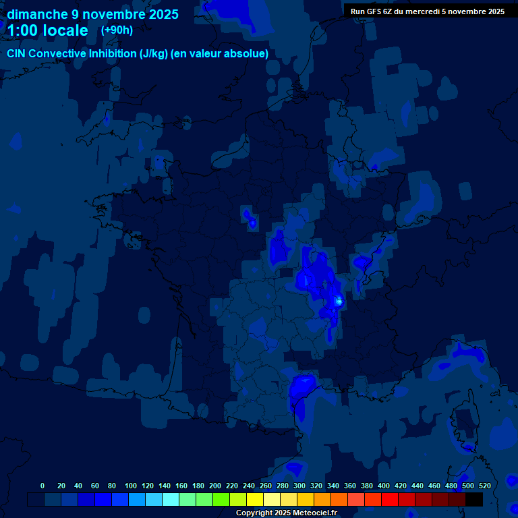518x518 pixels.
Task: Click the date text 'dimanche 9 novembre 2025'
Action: point(92,14)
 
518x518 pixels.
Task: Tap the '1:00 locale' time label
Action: point(47,30)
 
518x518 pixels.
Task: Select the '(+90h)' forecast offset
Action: point(117,30)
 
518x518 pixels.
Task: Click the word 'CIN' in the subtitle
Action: point(17,54)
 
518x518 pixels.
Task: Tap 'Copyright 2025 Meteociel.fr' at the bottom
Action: point(286,513)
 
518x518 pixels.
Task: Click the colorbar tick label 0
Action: point(42,486)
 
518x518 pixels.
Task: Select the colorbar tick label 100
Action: point(130,486)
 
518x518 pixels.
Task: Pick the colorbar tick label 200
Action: point(214,486)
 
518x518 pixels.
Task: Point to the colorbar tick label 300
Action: point(299,486)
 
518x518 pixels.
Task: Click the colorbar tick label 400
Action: point(383,486)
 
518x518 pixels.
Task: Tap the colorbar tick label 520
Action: point(484,486)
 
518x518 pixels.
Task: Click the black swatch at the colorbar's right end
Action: point(474,500)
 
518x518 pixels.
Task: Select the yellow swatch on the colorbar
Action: point(255,500)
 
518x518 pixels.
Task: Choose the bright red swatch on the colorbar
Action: point(390,500)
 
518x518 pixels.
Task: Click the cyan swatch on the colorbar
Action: point(171,500)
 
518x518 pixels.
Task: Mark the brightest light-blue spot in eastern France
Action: point(339,301)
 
